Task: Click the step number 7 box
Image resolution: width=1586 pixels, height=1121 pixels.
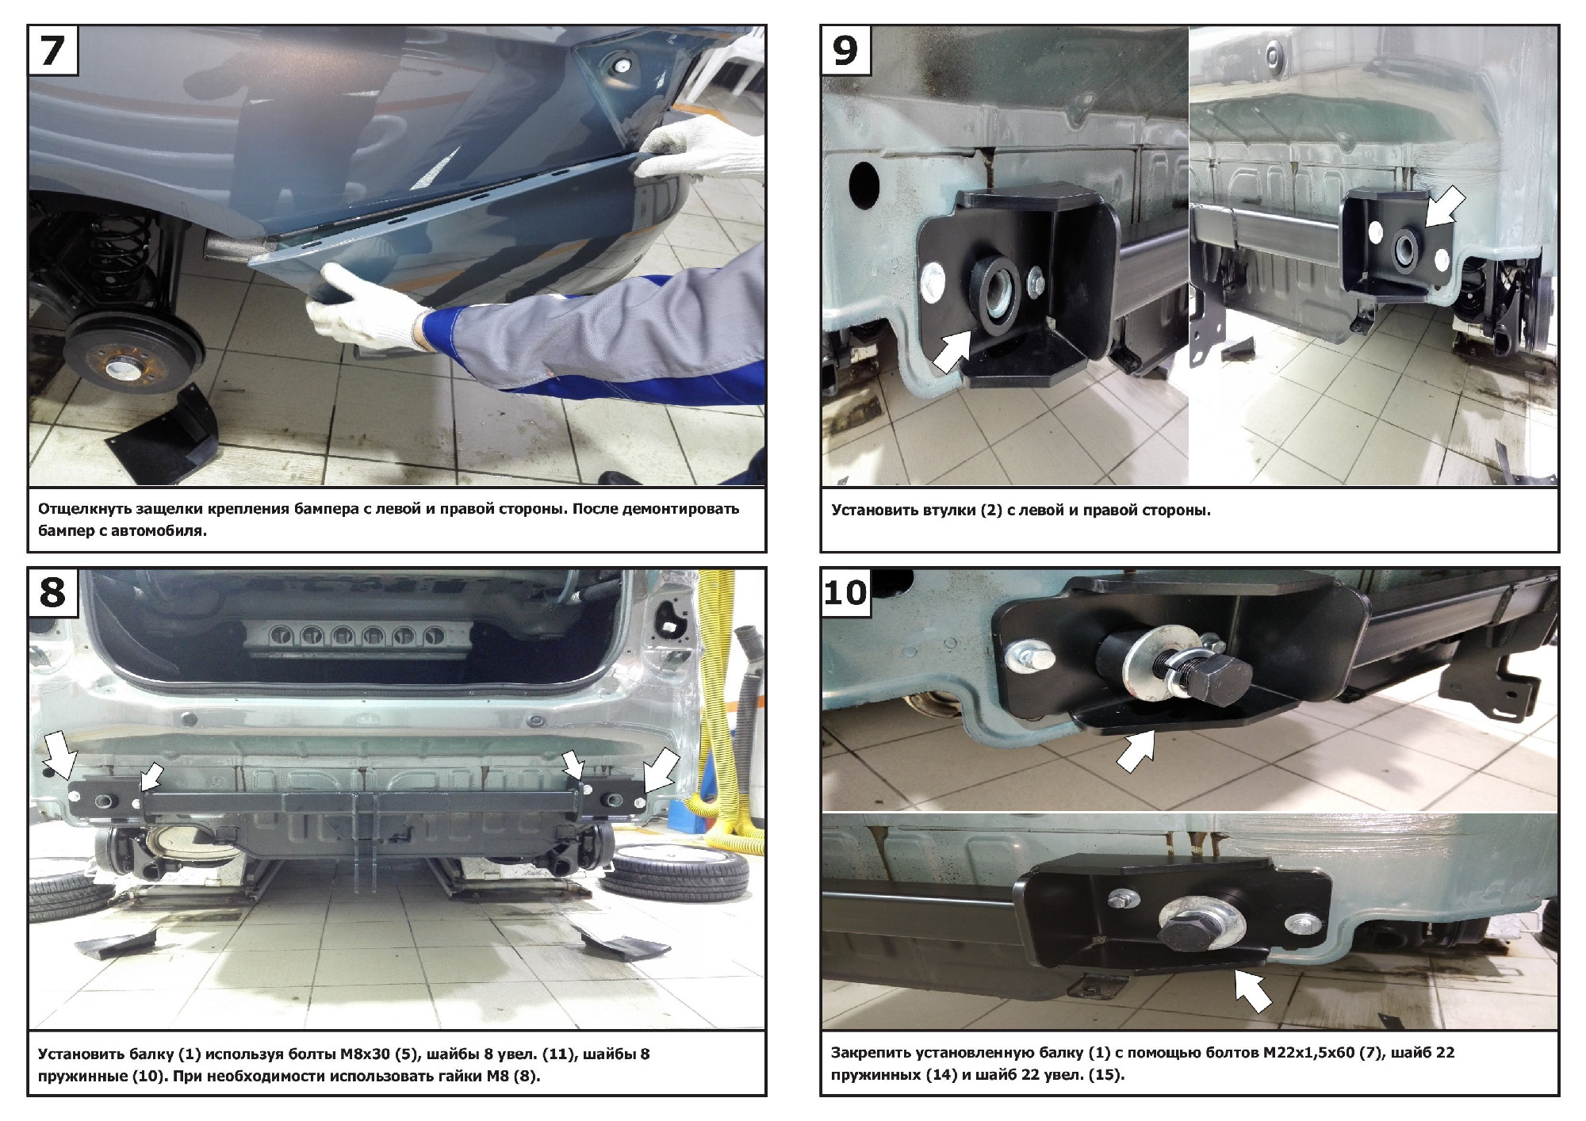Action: (52, 50)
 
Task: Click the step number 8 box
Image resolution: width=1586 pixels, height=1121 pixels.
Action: (52, 592)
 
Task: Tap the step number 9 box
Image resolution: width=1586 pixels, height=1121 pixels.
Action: (845, 50)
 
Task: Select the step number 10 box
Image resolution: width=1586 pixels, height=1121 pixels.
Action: (845, 592)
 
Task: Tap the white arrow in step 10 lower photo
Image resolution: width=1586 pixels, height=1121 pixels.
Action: (1253, 991)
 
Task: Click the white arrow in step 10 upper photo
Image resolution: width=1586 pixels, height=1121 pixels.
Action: (1136, 750)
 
